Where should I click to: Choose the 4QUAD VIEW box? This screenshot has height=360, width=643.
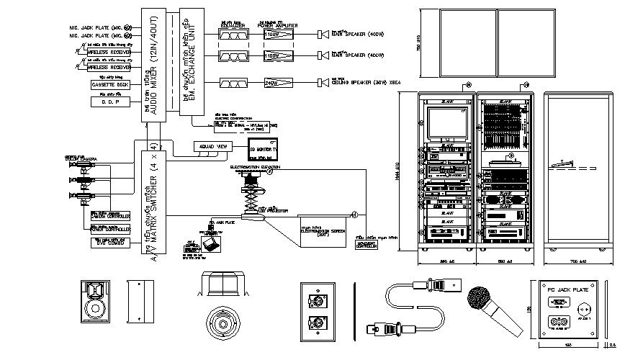click(212, 146)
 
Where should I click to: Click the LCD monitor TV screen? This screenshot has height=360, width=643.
click(262, 151)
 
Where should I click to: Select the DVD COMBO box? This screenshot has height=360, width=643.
click(109, 243)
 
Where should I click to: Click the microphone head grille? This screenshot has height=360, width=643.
click(477, 297)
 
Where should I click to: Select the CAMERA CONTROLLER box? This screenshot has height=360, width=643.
click(109, 215)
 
